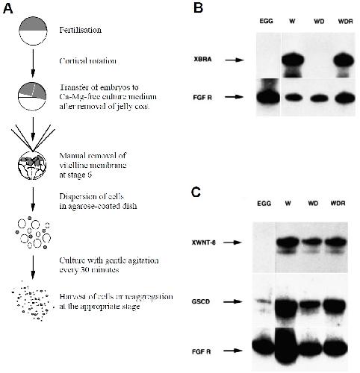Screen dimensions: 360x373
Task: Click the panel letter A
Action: (x=7, y=9)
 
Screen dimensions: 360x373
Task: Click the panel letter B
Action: (x=198, y=8)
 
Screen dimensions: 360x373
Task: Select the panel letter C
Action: (x=196, y=192)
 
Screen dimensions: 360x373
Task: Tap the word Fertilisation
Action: (x=80, y=30)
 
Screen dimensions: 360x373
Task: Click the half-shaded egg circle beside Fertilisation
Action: (x=33, y=31)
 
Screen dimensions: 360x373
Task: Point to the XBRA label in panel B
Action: (x=202, y=60)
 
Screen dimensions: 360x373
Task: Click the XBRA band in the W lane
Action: (x=293, y=60)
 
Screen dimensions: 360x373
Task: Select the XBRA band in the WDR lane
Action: (x=345, y=60)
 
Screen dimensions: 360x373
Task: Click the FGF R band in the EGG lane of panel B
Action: (x=268, y=98)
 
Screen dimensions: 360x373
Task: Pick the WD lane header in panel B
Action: (x=319, y=22)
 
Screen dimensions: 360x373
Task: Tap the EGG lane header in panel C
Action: (x=264, y=204)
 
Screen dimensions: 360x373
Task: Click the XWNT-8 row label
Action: (x=204, y=242)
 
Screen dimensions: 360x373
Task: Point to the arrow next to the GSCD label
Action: (x=233, y=302)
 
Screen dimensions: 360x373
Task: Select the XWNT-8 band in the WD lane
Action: (x=313, y=242)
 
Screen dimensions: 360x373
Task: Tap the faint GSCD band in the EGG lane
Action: (x=264, y=301)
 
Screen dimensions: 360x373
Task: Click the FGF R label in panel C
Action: (x=201, y=352)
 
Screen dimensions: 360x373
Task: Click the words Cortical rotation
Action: (x=87, y=61)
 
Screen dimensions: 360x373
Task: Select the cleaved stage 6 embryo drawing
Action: (x=32, y=165)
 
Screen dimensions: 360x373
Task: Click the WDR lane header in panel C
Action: (x=338, y=204)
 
